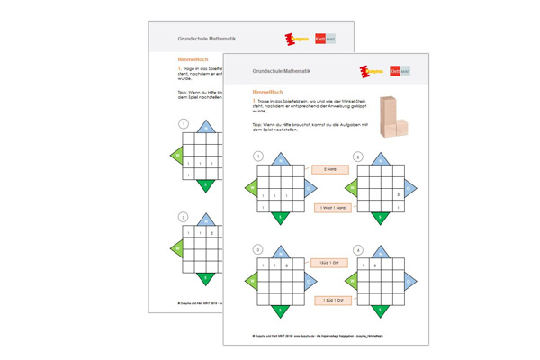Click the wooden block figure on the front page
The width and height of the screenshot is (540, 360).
[392, 116]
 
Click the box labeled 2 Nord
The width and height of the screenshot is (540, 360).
[329, 169]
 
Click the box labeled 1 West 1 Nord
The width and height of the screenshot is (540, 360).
[332, 208]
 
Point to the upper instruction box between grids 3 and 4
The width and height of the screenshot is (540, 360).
[328, 263]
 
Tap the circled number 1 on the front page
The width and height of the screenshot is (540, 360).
[258, 157]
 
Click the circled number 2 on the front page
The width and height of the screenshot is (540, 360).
[357, 157]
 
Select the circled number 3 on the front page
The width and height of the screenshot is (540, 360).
[258, 250]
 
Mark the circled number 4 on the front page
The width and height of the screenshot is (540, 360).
[357, 250]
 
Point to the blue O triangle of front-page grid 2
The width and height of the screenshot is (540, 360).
[409, 189]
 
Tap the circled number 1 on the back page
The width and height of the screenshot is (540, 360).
[184, 124]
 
